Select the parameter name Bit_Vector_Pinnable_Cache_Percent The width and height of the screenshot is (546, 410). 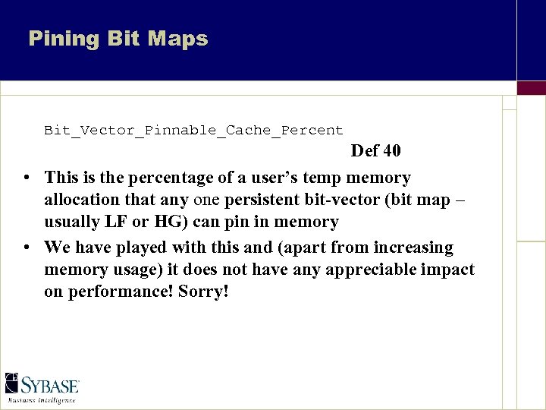coord(193,131)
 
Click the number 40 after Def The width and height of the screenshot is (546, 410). coord(392,151)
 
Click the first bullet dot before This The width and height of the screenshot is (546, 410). coord(27,178)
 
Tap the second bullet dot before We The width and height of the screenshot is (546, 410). coord(27,248)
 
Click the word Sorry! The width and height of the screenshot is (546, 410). coord(203,292)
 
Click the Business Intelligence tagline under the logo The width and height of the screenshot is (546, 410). coord(42,400)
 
